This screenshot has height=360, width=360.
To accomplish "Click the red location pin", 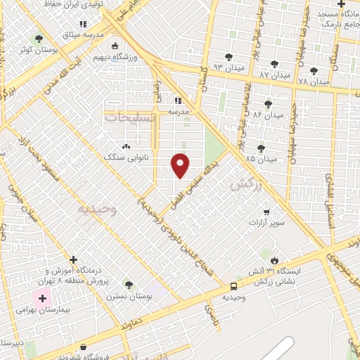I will tap(181, 164).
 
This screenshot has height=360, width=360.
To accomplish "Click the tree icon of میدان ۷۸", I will tap(313, 70).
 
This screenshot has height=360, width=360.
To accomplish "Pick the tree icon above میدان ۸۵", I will tap(261, 148).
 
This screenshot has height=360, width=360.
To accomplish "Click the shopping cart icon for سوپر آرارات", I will tap(266, 212).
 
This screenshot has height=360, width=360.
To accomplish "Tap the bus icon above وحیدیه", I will tap(233, 286).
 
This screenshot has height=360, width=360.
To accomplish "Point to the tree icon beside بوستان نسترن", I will tap(128, 284).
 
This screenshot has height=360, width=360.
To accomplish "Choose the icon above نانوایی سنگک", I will tap(127, 146).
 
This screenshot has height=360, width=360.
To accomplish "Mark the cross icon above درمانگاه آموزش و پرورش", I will tap(73, 259).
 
